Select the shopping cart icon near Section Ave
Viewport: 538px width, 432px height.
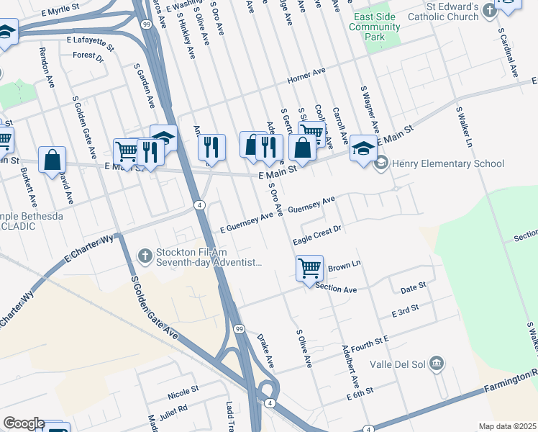click(x=309, y=268)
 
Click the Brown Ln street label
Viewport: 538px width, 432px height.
click(x=344, y=266)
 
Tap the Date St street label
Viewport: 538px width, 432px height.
click(x=413, y=287)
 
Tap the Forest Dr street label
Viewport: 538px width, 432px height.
click(x=88, y=55)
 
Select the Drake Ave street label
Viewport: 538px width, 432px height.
click(x=265, y=348)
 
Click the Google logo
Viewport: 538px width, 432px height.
click(x=24, y=423)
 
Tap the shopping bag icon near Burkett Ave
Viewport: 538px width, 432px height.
click(x=53, y=159)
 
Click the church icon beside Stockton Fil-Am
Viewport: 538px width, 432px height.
click(x=145, y=256)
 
